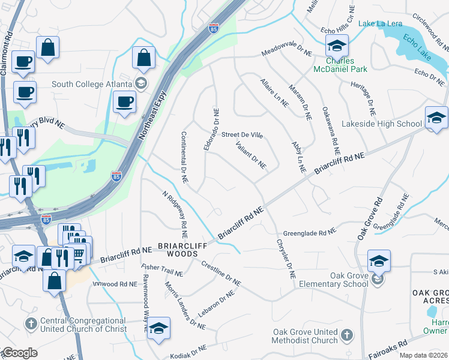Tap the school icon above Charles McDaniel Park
click(337, 45)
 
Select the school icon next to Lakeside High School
click(436, 118)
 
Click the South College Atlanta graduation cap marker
click(141, 83)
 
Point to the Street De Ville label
click(243, 135)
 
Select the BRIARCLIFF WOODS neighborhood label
click(178, 250)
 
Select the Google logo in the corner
click(19, 353)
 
